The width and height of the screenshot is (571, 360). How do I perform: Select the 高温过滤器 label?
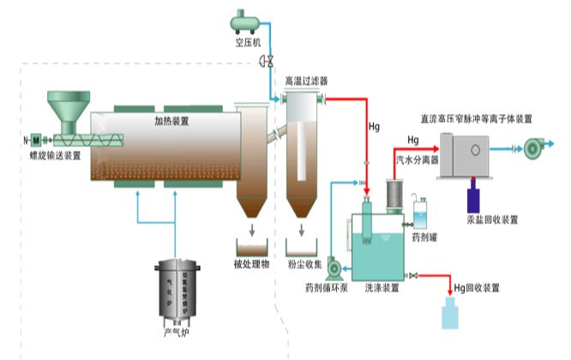(306, 81)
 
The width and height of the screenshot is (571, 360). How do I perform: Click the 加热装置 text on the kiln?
(171, 122)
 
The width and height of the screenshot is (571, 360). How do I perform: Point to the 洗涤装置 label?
(382, 288)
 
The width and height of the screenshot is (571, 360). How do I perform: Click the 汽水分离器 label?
(415, 160)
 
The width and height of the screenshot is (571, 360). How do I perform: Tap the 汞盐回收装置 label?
(492, 219)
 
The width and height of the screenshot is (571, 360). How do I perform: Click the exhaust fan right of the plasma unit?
(536, 150)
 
